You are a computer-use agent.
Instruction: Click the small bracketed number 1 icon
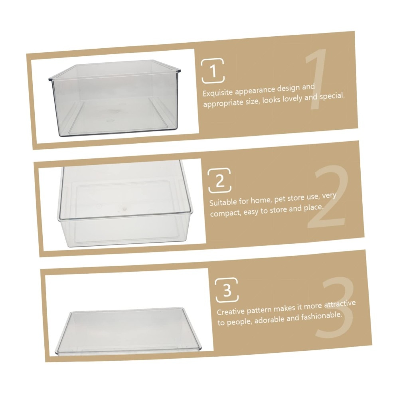click(213, 71)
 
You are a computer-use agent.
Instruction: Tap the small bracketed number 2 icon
click(219, 180)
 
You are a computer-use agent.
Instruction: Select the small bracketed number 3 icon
click(227, 290)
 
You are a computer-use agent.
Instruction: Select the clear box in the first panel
click(115, 98)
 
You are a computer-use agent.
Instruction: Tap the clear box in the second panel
click(125, 203)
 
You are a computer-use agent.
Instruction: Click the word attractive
click(340, 304)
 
